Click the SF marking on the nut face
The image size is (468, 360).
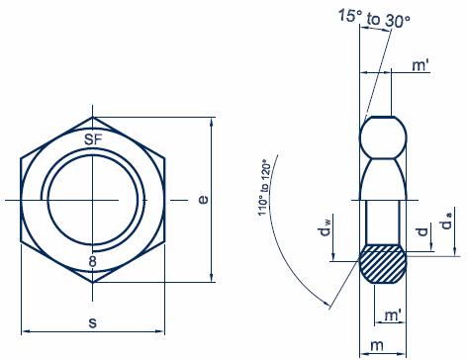[x=93, y=139]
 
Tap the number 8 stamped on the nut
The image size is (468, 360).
[x=93, y=262]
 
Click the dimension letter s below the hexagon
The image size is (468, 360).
[x=93, y=322]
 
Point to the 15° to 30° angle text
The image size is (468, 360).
[x=374, y=18]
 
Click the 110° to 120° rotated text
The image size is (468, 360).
[x=264, y=188]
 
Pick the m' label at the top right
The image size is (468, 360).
[x=421, y=65]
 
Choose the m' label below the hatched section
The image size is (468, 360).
[x=394, y=315]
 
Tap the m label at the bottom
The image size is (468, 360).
[x=377, y=345]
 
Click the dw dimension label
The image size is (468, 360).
[x=326, y=228]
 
